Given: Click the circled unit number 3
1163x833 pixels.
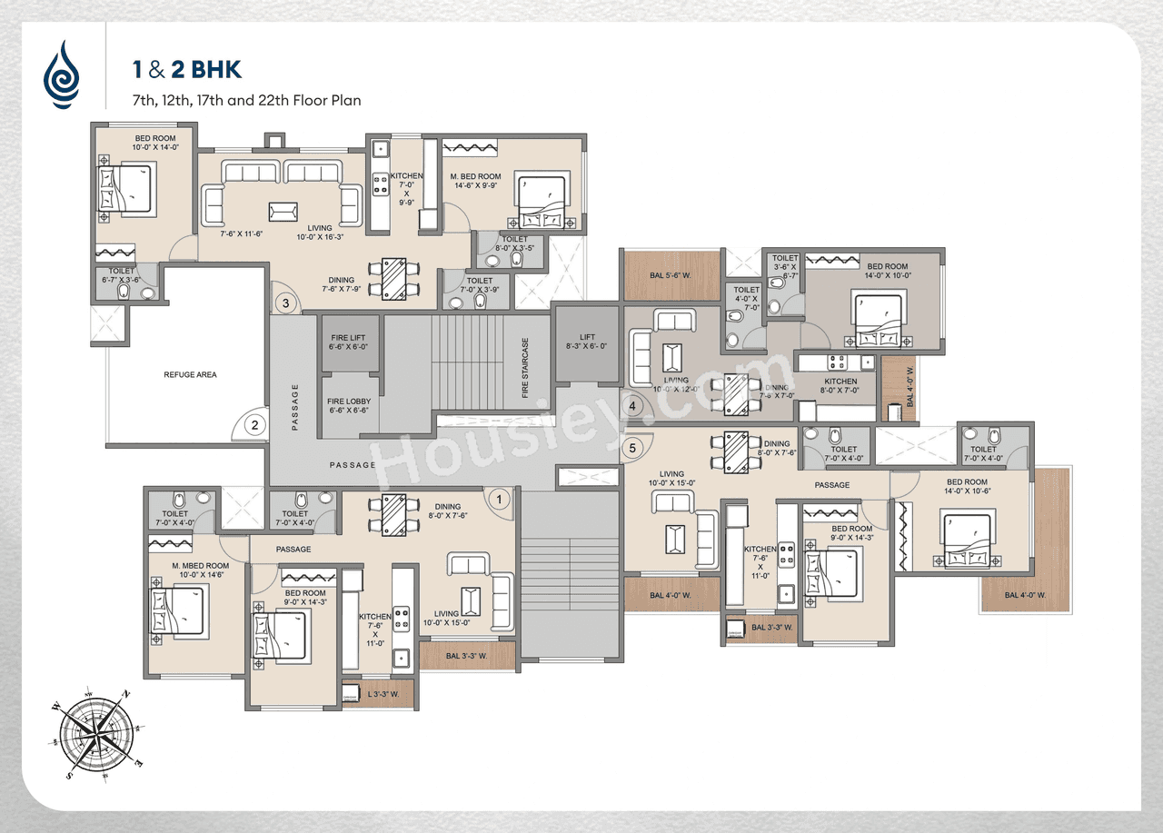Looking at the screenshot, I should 285,303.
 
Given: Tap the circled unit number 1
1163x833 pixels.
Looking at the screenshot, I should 497,497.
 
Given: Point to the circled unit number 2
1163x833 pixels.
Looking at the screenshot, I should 255,424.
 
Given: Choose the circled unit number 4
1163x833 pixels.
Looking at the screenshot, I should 634,405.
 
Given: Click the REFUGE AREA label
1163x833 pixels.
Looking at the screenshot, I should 190,374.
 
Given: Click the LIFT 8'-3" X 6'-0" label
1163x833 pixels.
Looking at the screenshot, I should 587,341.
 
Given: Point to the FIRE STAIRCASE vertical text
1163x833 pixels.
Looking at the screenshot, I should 525,368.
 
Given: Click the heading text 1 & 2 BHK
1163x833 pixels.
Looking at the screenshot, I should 186,70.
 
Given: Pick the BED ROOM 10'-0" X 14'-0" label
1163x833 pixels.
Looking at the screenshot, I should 143,143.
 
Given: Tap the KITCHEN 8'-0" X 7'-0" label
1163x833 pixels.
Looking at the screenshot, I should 840,387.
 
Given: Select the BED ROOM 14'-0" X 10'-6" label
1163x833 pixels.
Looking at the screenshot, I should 967,487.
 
